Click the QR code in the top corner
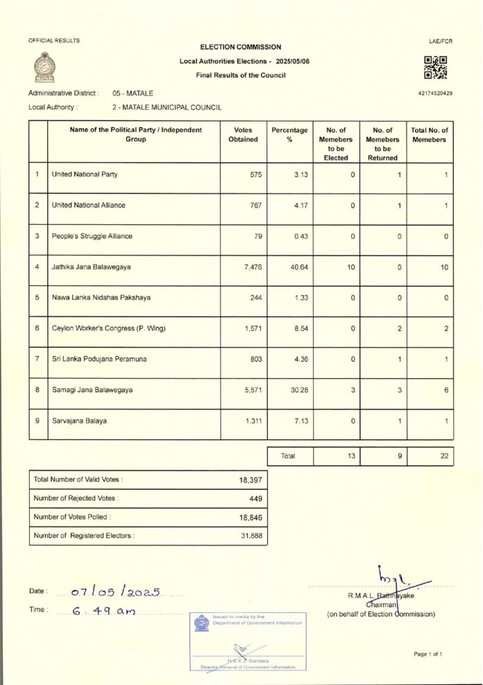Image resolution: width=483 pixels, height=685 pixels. pos(435,67)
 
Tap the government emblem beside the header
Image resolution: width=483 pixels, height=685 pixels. pos(44,67)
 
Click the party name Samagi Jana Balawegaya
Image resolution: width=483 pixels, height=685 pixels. pos(91,389)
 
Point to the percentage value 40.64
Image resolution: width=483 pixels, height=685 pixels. pos(300,267)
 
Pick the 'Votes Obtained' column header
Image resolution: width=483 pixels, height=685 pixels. pos(243,135)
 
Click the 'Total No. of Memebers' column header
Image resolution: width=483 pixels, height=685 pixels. pos(430,135)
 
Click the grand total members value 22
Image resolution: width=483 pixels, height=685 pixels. pos(444,456)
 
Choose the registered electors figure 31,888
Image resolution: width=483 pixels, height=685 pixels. pos(251,535)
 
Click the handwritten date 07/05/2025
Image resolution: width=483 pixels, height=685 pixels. pos(116,592)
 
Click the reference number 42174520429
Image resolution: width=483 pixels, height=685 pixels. pos(435,93)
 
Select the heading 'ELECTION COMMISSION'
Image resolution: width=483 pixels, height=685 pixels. pos(240,47)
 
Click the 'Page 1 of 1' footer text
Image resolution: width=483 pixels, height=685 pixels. pos(427,654)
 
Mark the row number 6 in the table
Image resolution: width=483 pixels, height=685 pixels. pos(37,328)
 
